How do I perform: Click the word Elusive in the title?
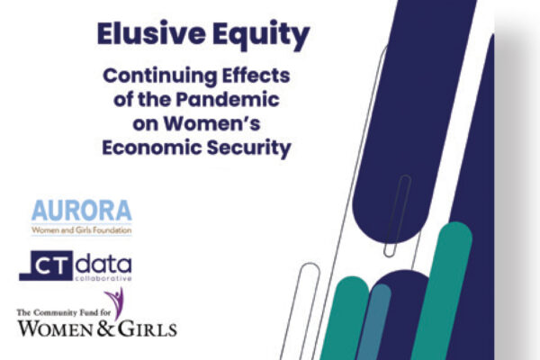(x=151, y=34)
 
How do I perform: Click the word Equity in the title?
(x=261, y=36)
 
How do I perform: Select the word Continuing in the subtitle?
(x=160, y=76)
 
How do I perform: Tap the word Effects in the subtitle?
(x=256, y=75)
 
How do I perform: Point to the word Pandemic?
(x=228, y=100)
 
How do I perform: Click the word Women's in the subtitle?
(x=211, y=123)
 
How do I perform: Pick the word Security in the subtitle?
(x=249, y=148)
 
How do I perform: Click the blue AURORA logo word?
(x=82, y=211)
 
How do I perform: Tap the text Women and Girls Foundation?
(x=82, y=230)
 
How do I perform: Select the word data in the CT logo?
(x=103, y=264)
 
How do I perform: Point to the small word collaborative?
(x=103, y=278)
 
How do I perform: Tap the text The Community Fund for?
(x=64, y=313)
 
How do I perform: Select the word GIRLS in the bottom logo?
(x=148, y=329)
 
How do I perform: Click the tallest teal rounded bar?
(x=442, y=291)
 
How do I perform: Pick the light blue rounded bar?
(x=373, y=322)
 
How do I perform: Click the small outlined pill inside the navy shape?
(x=398, y=216)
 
